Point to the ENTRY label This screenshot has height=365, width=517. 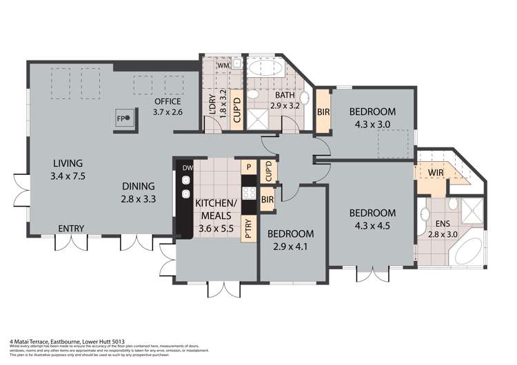click(x=72, y=229)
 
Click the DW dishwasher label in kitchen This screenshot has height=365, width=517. click(x=187, y=167)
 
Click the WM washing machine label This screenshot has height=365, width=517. click(x=223, y=66)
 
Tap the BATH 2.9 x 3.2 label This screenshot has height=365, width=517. click(x=265, y=101)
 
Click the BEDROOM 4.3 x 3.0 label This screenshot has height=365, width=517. click(x=372, y=118)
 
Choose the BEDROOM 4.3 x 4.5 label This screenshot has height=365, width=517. click(x=372, y=219)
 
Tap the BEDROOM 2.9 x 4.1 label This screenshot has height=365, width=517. click(x=290, y=240)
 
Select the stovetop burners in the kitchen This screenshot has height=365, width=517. click(x=249, y=193)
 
